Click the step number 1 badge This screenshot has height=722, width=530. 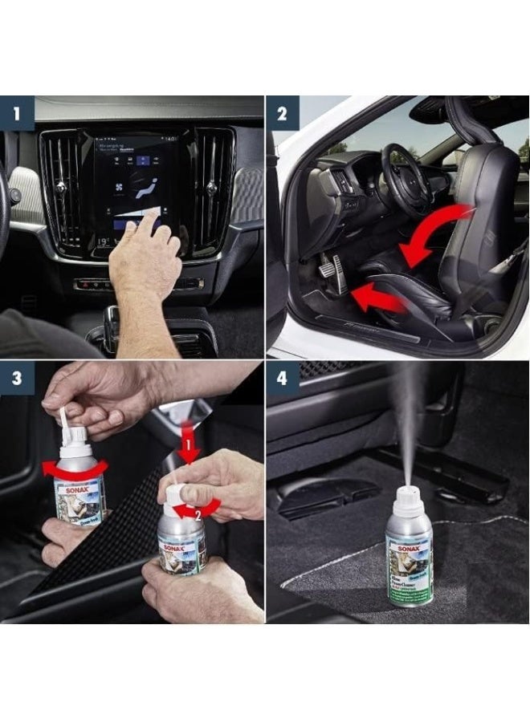[17, 112]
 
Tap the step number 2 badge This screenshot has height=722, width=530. [283, 112]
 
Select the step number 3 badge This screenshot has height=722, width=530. [17, 378]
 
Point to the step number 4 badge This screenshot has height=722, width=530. [283, 378]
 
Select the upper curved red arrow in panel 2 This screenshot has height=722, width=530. [438, 233]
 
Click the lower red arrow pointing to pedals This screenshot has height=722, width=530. [377, 296]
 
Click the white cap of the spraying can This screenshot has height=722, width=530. [410, 500]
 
